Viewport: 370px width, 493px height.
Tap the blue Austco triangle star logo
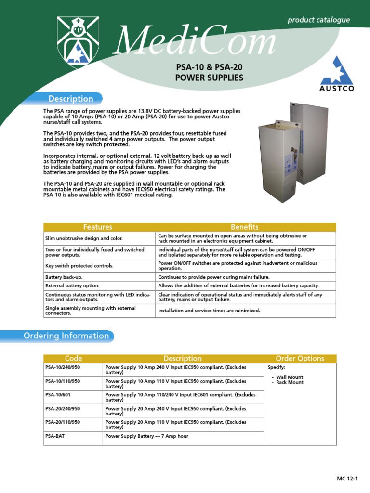point(336,71)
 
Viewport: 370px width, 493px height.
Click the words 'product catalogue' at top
point(318,20)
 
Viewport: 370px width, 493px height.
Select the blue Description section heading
point(71,99)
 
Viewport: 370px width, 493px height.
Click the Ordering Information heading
point(66,336)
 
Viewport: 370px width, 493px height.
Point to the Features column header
point(98,227)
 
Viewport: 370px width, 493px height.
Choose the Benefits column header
point(245,227)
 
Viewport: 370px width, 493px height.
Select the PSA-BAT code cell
point(55,436)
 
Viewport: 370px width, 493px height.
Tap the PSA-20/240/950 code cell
point(63,408)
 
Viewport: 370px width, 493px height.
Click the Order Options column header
point(300,358)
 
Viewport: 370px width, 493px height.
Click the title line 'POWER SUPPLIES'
point(209,78)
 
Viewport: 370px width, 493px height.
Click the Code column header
point(74,358)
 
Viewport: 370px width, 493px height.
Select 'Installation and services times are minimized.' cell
point(209,311)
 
